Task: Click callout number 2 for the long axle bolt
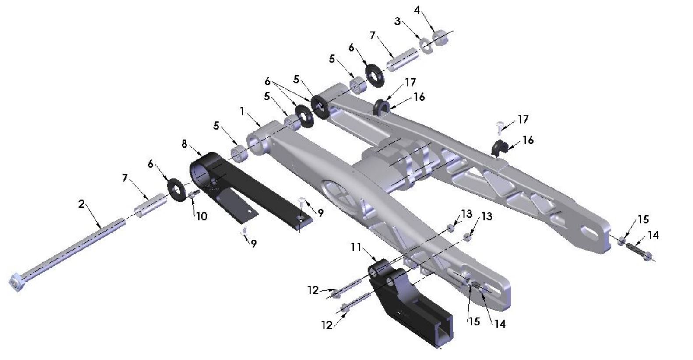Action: (81, 204)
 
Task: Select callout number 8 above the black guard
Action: (184, 143)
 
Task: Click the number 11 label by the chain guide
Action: (356, 248)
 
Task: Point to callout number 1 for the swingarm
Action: (242, 111)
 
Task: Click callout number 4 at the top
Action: (417, 10)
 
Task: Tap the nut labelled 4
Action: (440, 37)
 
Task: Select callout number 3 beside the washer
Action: (398, 21)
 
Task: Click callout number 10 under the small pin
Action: (201, 216)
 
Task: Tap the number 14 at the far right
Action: (653, 236)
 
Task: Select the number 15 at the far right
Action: (643, 219)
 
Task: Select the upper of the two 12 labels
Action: (313, 290)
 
